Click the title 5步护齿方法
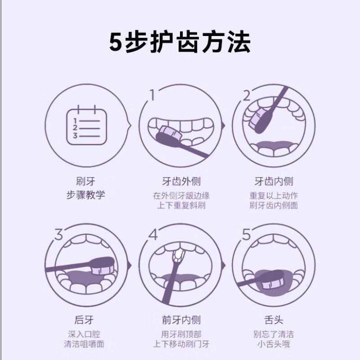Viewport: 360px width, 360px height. [180, 42]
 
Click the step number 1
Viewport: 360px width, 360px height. [152, 95]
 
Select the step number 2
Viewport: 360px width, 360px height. [247, 96]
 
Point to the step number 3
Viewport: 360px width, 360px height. [59, 234]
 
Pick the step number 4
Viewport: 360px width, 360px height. [153, 234]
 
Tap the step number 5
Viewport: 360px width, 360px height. [246, 234]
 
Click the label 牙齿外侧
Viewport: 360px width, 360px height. [181, 181]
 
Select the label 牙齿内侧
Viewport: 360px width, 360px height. [274, 181]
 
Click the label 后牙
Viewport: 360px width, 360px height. [84, 320]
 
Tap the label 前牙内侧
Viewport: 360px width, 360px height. [181, 320]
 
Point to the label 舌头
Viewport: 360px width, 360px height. [274, 320]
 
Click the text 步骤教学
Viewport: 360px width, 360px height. [85, 195]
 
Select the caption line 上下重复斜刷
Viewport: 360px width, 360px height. [181, 205]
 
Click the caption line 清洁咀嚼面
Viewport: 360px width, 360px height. [84, 344]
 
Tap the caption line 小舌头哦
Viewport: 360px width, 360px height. [274, 344]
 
